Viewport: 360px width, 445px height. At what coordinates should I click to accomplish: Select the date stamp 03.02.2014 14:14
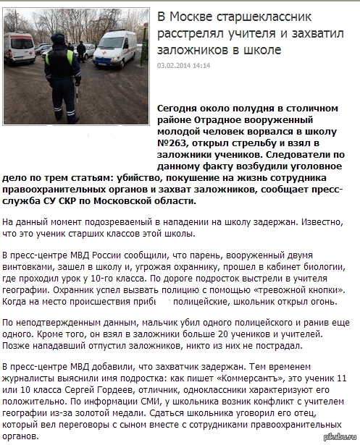point(183,66)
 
